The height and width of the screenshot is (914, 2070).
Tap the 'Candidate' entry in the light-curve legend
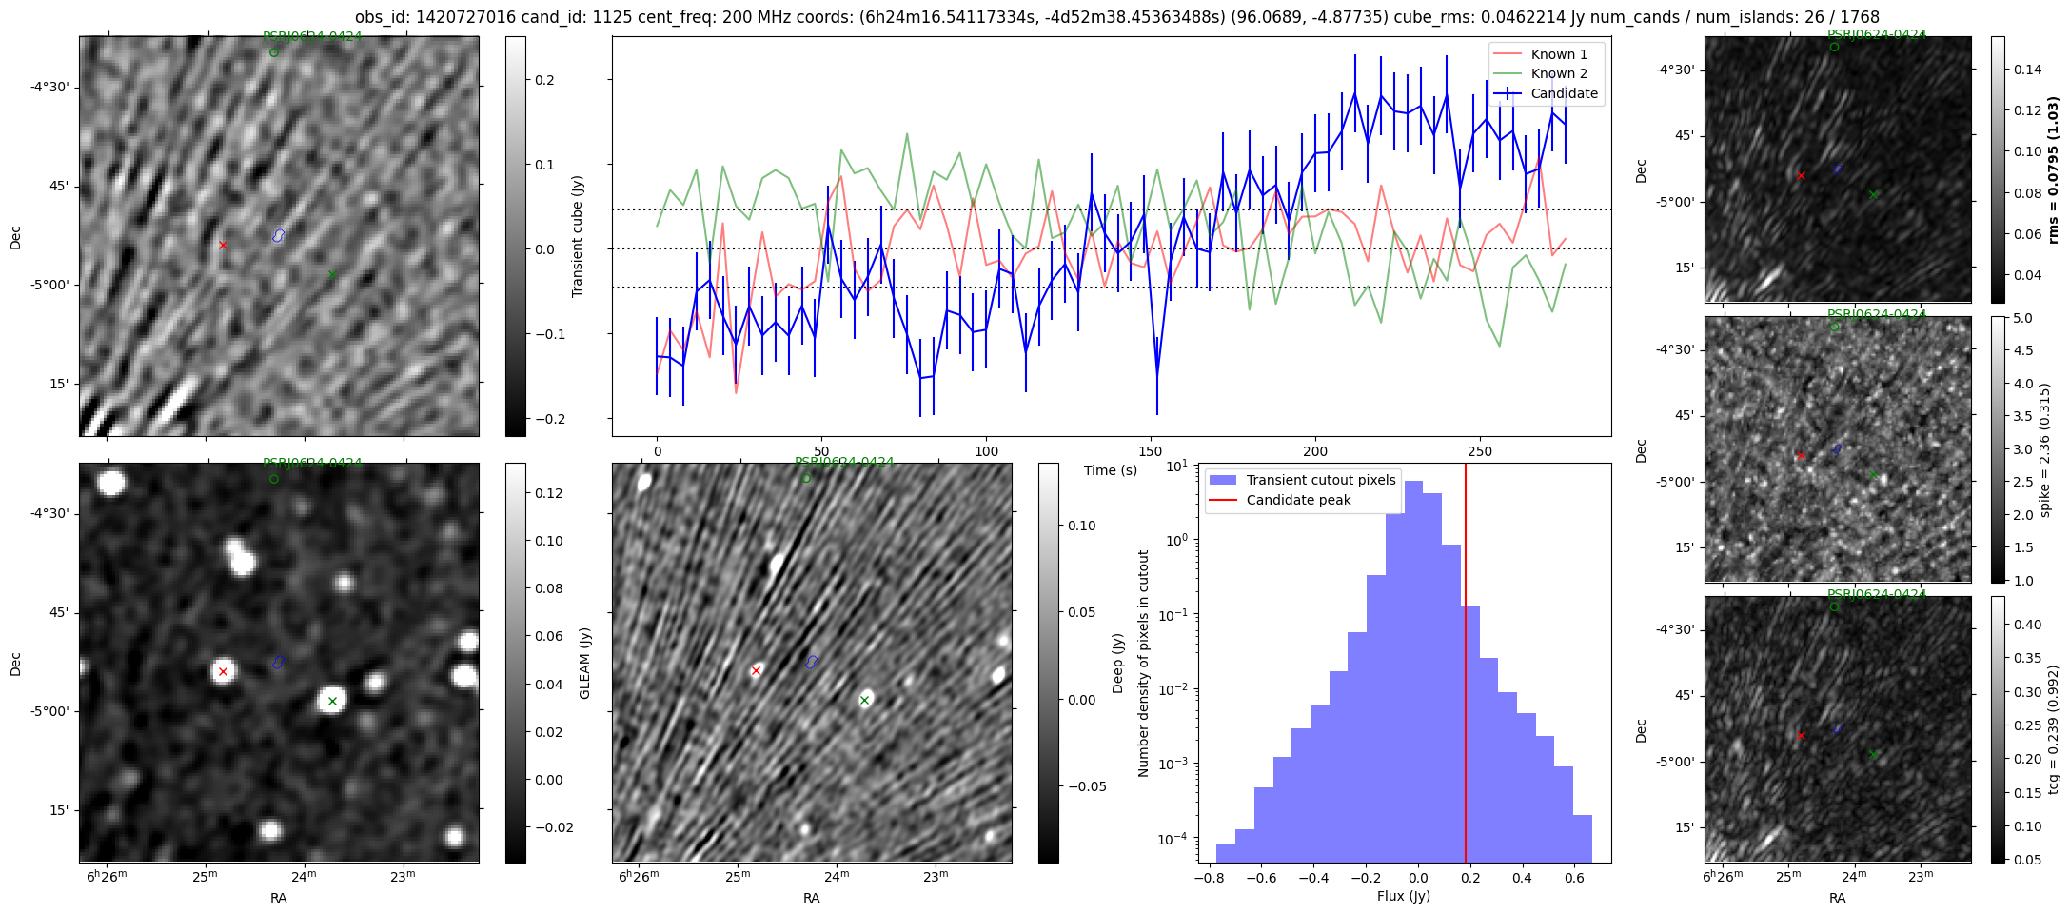coord(1564,93)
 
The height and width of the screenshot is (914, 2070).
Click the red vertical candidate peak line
coord(1466,666)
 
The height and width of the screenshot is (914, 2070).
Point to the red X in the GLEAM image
coord(223,671)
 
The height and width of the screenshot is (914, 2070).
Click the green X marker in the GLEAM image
coord(332,701)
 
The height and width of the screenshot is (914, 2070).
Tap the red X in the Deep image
coord(756,671)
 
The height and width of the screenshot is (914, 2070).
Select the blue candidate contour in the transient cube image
coord(279,235)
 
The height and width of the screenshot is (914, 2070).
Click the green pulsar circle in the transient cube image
coord(274,52)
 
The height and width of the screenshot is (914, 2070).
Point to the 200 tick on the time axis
coord(1315,450)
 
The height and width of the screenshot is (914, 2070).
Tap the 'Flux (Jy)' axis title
coord(1403,896)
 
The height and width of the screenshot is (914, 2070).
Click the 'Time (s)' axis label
coord(1111,470)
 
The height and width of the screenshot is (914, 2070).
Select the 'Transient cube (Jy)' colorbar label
coord(578,236)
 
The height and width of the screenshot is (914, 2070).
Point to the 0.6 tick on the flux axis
coord(1574,878)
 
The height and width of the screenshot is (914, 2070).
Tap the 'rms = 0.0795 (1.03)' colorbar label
coord(2053,169)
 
